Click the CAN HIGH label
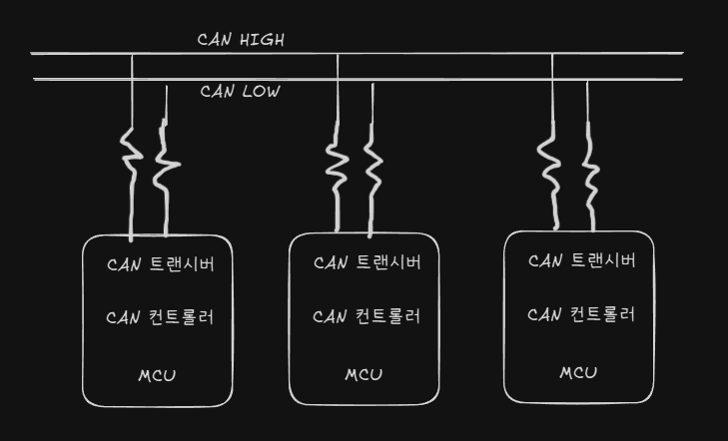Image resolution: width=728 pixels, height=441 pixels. tap(242, 41)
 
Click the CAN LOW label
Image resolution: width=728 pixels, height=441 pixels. tap(240, 92)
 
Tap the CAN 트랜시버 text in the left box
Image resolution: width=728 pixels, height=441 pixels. tap(160, 265)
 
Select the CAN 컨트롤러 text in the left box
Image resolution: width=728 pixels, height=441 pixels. tap(160, 318)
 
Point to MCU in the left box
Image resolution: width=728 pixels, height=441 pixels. tap(158, 376)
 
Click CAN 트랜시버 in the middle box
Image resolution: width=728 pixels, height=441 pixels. tap(366, 263)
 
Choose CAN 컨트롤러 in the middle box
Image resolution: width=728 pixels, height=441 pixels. tap(366, 317)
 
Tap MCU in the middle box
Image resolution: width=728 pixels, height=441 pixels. tap(364, 375)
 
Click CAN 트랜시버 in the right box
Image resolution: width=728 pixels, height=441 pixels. tap(581, 261)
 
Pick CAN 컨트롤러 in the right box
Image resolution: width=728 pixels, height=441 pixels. tap(581, 315)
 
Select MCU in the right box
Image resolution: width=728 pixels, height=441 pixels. tap(578, 373)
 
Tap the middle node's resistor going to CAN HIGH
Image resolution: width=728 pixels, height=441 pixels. tap(338, 158)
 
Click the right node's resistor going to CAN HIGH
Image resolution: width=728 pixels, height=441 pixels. tap(551, 160)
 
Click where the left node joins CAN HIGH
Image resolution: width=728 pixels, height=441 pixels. tap(132, 54)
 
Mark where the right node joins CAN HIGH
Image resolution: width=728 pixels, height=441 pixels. tap(552, 54)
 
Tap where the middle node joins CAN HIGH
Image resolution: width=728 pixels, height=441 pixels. tap(338, 54)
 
